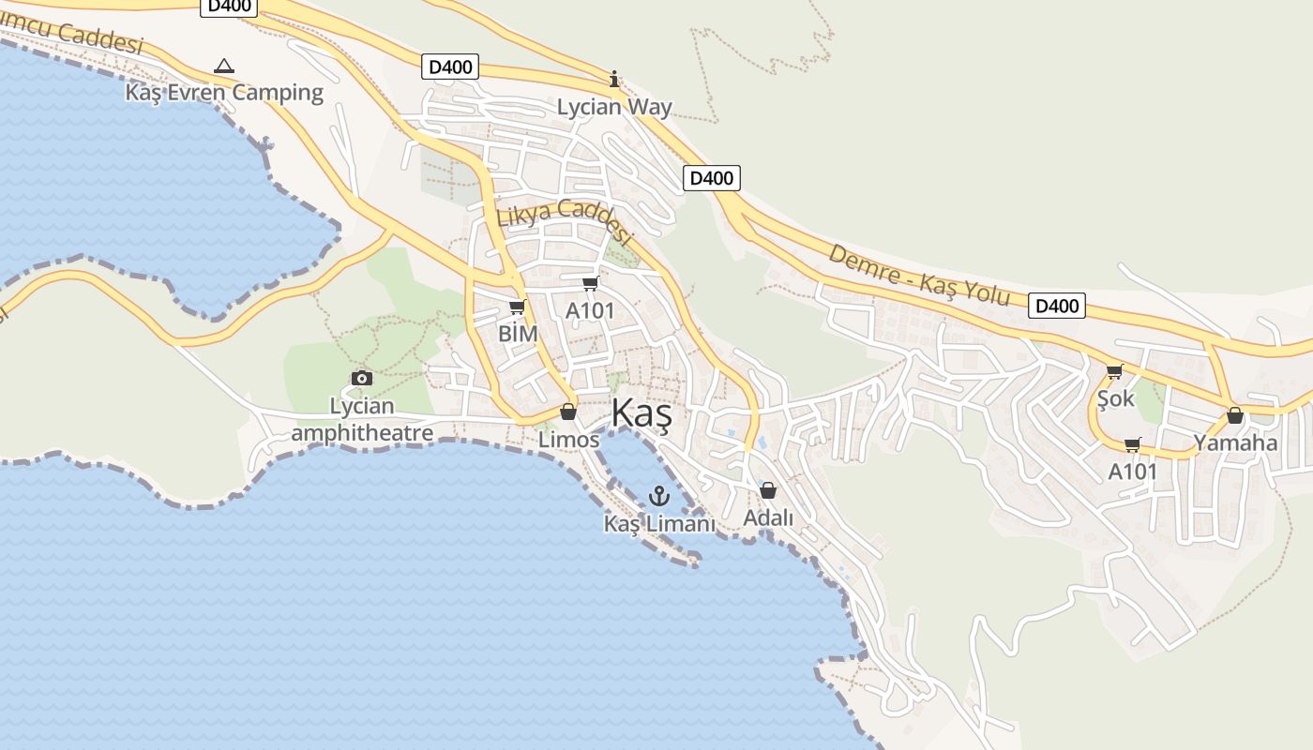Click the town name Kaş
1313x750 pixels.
pyautogui.click(x=641, y=413)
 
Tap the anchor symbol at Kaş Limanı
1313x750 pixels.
pyautogui.click(x=659, y=495)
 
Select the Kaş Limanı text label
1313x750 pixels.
pyautogui.click(x=659, y=523)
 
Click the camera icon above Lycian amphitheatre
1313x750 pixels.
pyautogui.click(x=362, y=378)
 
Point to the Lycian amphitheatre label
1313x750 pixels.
pyautogui.click(x=362, y=420)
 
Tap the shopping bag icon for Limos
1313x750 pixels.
pyautogui.click(x=567, y=412)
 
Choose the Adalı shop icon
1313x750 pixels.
pyautogui.click(x=768, y=490)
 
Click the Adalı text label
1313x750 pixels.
pyautogui.click(x=768, y=518)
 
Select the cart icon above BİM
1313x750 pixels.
pyautogui.click(x=517, y=307)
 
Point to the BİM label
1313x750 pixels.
pyautogui.click(x=518, y=334)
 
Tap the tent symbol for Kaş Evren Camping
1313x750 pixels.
pyautogui.click(x=223, y=66)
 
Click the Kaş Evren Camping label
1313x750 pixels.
pyautogui.click(x=224, y=93)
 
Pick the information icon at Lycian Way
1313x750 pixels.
pyautogui.click(x=614, y=80)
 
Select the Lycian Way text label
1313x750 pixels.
pyautogui.click(x=614, y=107)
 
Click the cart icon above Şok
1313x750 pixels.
pyautogui.click(x=1114, y=372)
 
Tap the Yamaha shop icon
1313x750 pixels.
pyautogui.click(x=1235, y=415)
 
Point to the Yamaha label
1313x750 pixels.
pyautogui.click(x=1235, y=442)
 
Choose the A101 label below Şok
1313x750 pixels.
pyautogui.click(x=1133, y=472)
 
